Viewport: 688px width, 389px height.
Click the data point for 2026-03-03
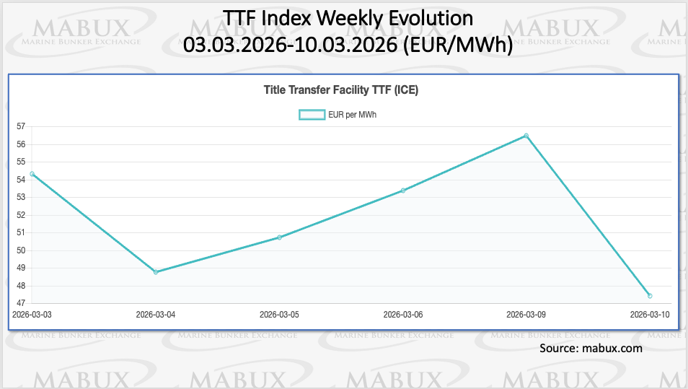tap(32, 174)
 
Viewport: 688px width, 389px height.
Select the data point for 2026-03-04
tap(156, 272)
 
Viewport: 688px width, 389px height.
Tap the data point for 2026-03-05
tap(279, 237)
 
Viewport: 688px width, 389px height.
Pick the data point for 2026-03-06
tap(403, 191)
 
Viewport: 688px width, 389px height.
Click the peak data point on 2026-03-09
tap(526, 136)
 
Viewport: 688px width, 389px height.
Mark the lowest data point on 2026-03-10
tap(650, 296)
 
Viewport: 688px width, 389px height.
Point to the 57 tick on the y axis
tap(20, 126)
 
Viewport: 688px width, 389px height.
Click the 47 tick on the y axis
tap(20, 303)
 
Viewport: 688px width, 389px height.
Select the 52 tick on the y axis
tap(20, 215)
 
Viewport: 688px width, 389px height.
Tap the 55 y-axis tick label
tap(20, 162)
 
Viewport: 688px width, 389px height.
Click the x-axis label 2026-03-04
tap(156, 315)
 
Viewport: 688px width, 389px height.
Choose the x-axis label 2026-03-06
tap(403, 315)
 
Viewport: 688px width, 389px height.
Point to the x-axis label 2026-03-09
tap(526, 315)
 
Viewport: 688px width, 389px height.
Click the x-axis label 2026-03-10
tap(650, 315)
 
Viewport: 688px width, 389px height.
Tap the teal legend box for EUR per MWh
tap(312, 115)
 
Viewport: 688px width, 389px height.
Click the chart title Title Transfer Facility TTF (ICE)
tap(342, 91)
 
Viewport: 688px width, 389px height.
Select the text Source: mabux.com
tap(590, 349)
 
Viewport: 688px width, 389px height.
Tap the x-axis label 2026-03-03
tap(32, 315)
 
